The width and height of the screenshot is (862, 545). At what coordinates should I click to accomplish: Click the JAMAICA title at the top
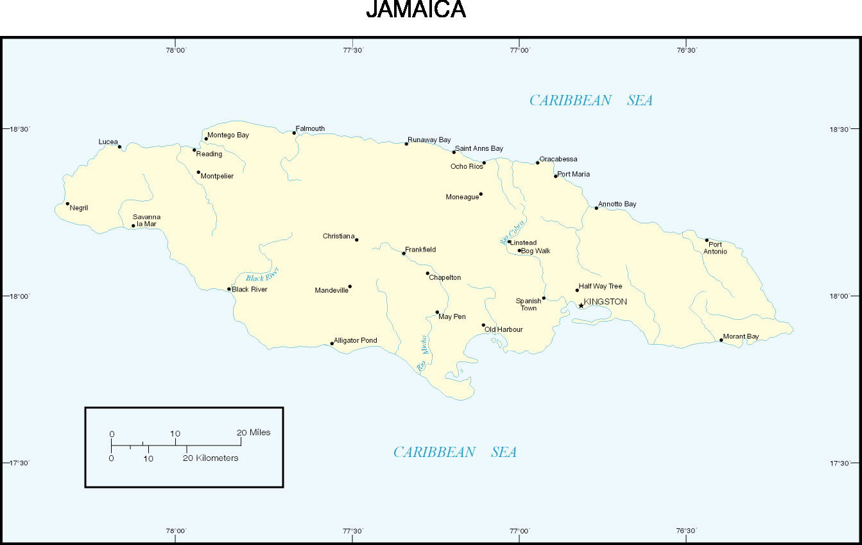(415, 10)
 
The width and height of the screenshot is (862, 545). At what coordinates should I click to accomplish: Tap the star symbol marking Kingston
(582, 306)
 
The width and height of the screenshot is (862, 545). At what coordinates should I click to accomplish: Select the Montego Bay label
(228, 135)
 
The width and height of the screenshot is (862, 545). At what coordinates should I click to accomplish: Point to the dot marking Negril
(67, 204)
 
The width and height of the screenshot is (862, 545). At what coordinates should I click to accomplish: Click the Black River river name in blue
(263, 277)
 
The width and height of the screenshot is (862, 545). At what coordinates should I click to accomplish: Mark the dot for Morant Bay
(721, 340)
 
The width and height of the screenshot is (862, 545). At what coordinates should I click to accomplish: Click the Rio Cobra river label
(512, 232)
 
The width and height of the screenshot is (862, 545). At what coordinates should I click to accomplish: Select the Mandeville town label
(331, 291)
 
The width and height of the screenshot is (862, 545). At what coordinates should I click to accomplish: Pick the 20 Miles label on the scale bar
(254, 433)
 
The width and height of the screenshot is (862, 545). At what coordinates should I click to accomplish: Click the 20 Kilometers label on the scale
(211, 458)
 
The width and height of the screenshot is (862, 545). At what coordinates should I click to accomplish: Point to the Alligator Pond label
(356, 340)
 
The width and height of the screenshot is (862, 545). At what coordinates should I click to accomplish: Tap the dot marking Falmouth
(295, 133)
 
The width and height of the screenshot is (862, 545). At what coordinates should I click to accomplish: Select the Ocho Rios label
(466, 166)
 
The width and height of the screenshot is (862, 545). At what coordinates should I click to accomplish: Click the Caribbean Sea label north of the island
(590, 100)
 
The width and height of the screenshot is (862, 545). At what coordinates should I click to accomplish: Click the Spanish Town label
(528, 304)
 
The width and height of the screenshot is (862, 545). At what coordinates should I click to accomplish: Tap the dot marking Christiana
(357, 240)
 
